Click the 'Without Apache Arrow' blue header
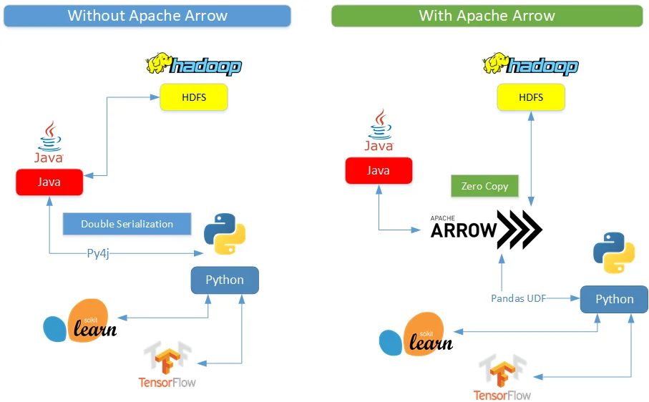pos(147,16)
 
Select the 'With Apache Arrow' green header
pos(487,16)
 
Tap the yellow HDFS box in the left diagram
pos(193,97)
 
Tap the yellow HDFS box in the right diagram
pos(530,97)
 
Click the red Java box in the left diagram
pos(49,182)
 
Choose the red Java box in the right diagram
pos(378,170)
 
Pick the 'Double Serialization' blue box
pos(127,224)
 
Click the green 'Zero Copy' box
pos(484,186)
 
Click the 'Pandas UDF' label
pos(518,298)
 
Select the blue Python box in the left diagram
pos(225,280)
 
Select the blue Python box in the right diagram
pos(614,299)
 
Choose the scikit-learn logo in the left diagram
pos(80,321)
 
